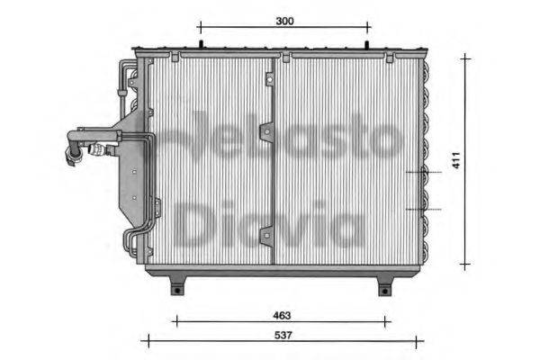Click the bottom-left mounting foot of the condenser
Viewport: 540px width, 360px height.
tap(178, 285)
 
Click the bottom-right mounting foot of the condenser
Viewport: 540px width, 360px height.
tap(385, 285)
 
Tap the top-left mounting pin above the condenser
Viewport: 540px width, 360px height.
tap(199, 44)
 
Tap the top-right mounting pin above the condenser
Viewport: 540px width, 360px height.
tap(368, 44)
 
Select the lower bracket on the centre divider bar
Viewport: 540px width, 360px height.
tap(266, 237)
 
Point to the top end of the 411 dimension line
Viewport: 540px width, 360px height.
tap(465, 57)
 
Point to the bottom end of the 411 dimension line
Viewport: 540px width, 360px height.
tap(465, 265)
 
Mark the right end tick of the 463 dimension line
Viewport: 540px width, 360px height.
tap(389, 319)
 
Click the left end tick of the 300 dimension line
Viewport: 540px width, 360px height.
tap(199, 27)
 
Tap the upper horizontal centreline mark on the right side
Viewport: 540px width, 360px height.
tap(423, 171)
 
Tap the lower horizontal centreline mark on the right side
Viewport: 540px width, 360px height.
tap(423, 209)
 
